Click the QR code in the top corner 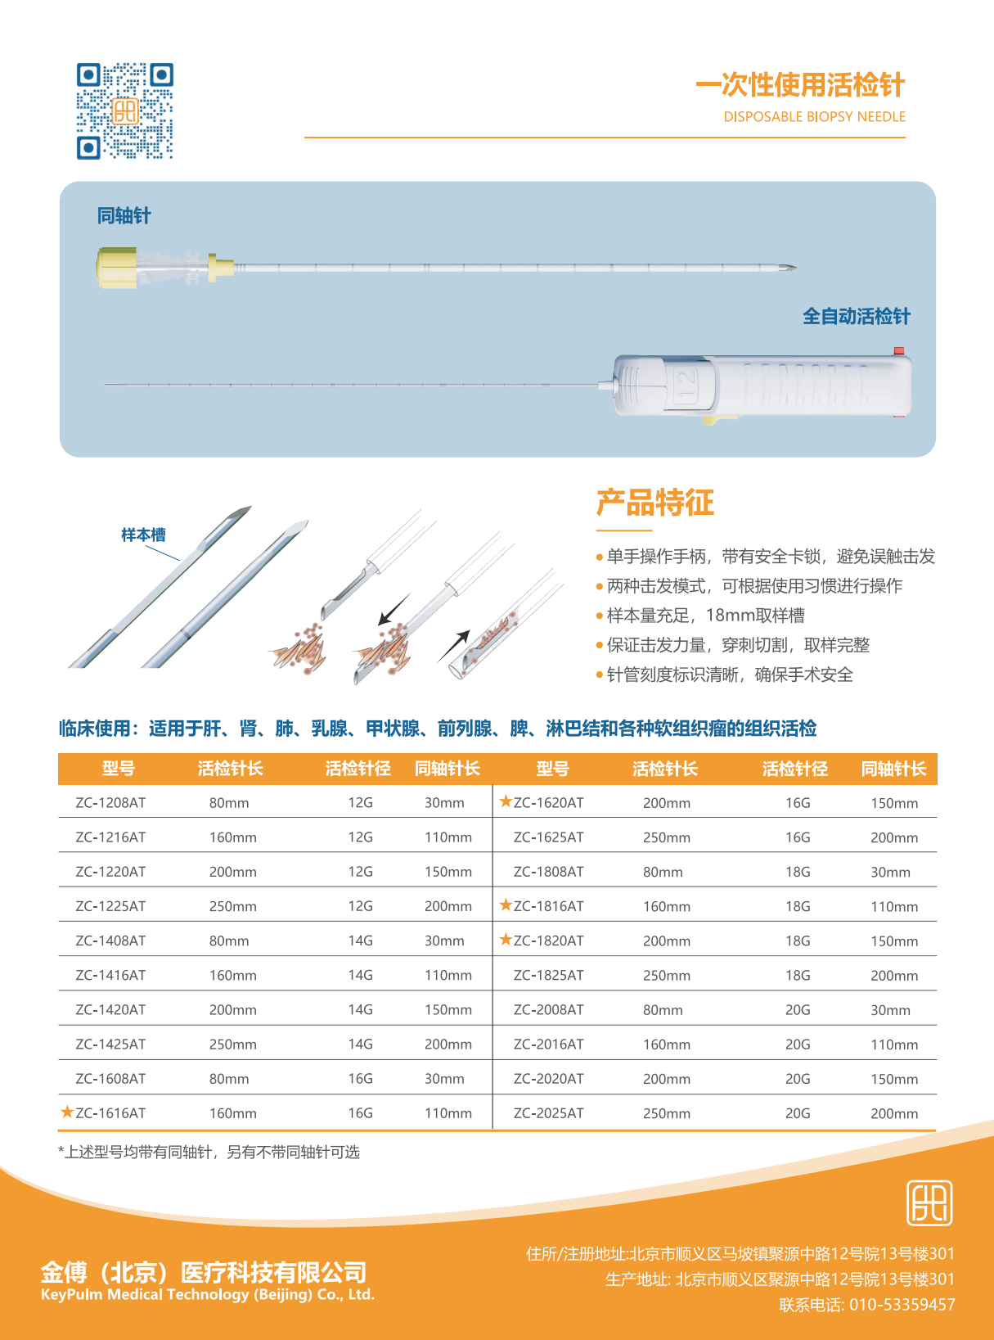click(x=125, y=111)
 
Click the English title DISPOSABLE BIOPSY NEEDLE click(x=815, y=116)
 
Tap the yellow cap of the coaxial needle click(x=116, y=268)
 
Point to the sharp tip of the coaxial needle click(x=797, y=267)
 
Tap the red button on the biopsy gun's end click(x=899, y=351)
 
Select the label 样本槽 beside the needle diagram click(x=143, y=535)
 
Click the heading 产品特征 click(x=655, y=502)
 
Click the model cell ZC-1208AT click(x=110, y=802)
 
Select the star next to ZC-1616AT click(x=67, y=1111)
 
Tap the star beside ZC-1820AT click(x=506, y=939)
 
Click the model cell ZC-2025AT click(x=548, y=1112)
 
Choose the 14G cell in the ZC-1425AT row click(x=361, y=1044)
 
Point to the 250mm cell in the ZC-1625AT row click(x=667, y=837)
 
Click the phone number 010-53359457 click(x=902, y=1304)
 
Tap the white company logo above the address click(x=929, y=1202)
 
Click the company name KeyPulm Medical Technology click(x=208, y=1294)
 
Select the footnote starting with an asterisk click(x=209, y=1152)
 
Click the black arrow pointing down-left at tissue click(x=394, y=608)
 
